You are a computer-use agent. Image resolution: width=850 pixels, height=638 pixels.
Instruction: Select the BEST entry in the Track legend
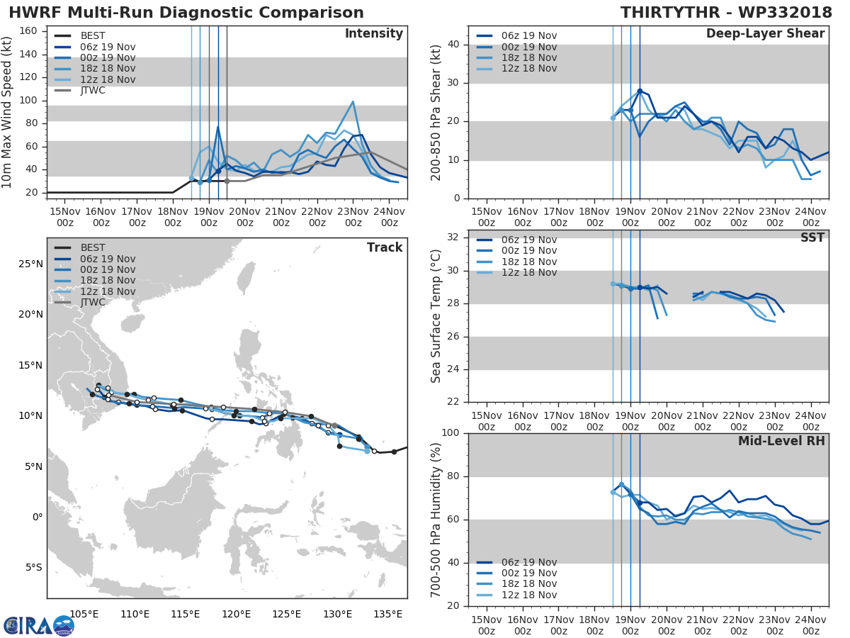click(x=92, y=248)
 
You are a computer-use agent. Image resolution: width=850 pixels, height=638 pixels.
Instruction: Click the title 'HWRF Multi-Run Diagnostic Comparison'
click(x=186, y=13)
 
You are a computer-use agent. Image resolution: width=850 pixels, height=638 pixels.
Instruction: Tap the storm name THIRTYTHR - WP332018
click(x=726, y=13)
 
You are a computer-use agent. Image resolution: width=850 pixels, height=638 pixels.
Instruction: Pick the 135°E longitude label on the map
click(x=388, y=613)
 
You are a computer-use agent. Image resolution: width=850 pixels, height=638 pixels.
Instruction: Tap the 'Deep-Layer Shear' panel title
click(x=765, y=34)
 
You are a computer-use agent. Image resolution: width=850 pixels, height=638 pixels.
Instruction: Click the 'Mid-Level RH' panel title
click(x=781, y=441)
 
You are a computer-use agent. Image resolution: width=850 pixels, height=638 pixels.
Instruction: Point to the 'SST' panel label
click(x=812, y=237)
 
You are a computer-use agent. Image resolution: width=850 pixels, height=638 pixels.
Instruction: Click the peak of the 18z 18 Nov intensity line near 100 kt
click(x=353, y=101)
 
